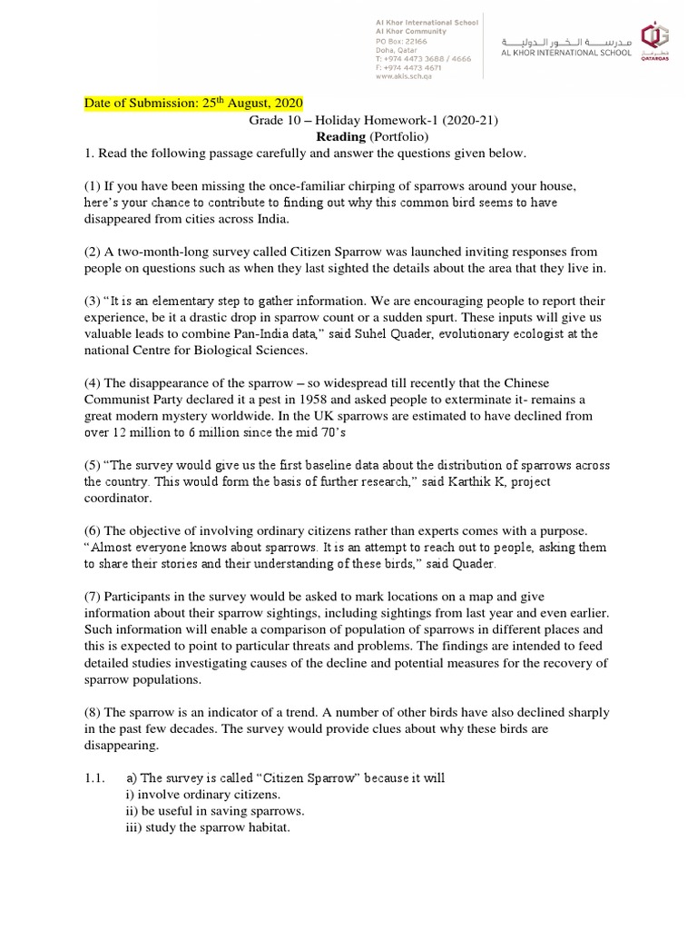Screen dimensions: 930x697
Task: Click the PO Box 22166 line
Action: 406,42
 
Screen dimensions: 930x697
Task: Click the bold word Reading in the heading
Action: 340,136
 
